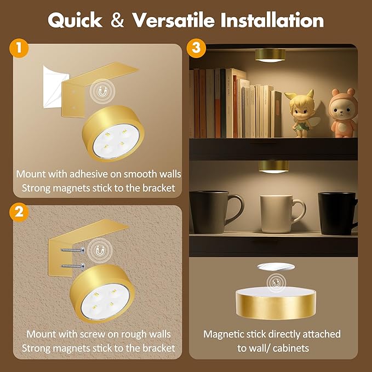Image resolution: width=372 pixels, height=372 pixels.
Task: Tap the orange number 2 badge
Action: [x=20, y=211]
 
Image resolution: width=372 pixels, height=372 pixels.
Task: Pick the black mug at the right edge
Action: [x=335, y=213]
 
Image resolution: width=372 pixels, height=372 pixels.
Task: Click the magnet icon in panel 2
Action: [x=100, y=249]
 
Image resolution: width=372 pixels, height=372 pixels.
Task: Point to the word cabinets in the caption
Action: [x=291, y=348]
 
